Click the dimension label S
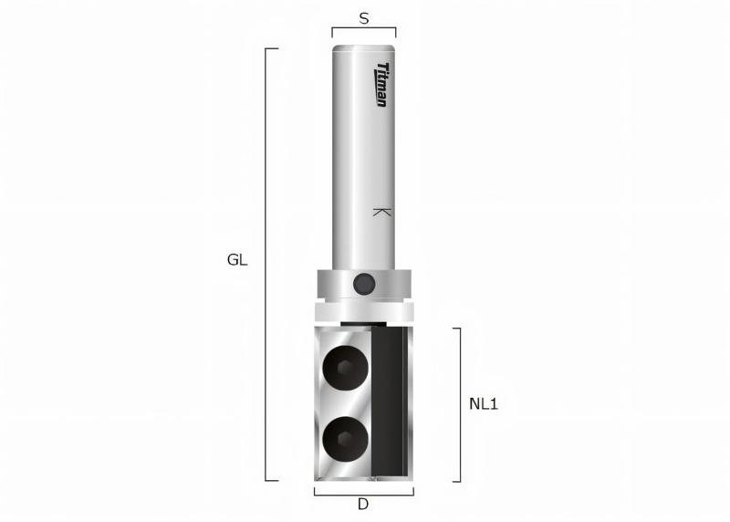[364, 17]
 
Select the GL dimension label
[237, 260]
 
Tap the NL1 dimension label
[483, 403]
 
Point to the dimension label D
[363, 505]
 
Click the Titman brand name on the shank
[382, 84]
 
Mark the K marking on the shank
[382, 212]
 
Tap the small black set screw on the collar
[363, 284]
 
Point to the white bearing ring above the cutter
[363, 311]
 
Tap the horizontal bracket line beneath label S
[363, 29]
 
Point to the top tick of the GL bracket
[271, 48]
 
